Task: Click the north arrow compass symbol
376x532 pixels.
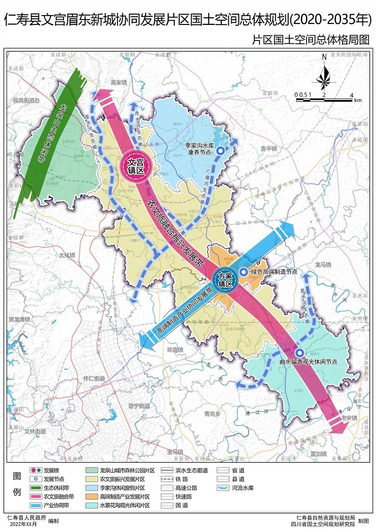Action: coord(324,74)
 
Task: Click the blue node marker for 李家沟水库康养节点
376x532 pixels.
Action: coord(220,151)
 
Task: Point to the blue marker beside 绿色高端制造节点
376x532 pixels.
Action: coord(243,272)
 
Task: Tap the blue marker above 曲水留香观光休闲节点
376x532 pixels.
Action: coord(299,353)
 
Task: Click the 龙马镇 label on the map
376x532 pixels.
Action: coord(323,264)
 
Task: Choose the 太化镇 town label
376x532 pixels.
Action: coord(67,254)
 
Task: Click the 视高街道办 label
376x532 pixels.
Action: coord(27,100)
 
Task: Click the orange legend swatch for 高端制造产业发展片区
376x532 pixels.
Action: coord(92,497)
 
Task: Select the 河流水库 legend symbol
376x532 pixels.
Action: coord(223,488)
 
